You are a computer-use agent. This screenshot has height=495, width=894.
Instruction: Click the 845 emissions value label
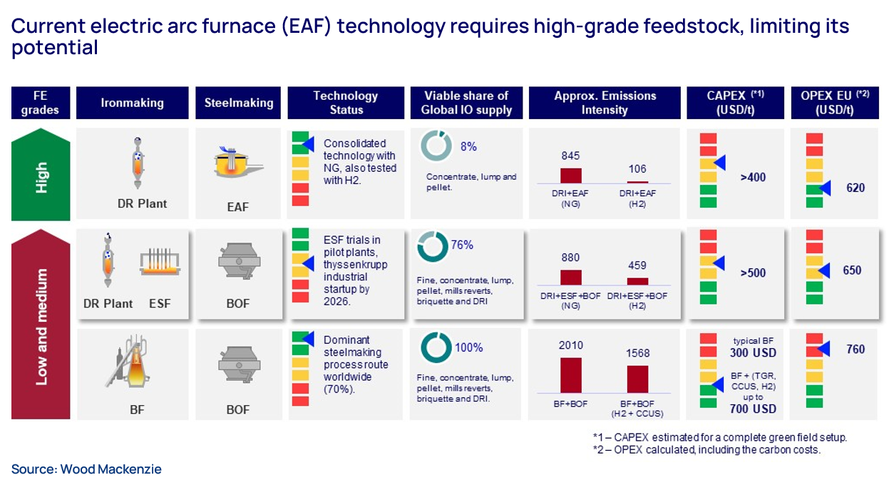coord(570,155)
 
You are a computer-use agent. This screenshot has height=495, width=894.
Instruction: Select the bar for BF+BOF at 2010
coord(571,374)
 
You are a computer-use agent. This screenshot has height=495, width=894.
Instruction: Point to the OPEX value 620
coord(855,188)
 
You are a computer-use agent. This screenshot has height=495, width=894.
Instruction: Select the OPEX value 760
coord(855,349)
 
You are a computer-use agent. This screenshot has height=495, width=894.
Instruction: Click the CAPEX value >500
coord(753,272)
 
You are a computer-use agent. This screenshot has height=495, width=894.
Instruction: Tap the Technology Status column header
coord(346,103)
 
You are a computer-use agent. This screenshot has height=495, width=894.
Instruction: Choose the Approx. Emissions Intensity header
coord(605,103)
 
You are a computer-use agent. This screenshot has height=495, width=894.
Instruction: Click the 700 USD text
coord(754,409)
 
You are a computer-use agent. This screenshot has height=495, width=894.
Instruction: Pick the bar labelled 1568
coord(637,379)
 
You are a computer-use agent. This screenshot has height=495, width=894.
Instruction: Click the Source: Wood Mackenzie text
coord(86,469)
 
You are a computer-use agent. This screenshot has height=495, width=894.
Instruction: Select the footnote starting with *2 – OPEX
coord(719,450)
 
